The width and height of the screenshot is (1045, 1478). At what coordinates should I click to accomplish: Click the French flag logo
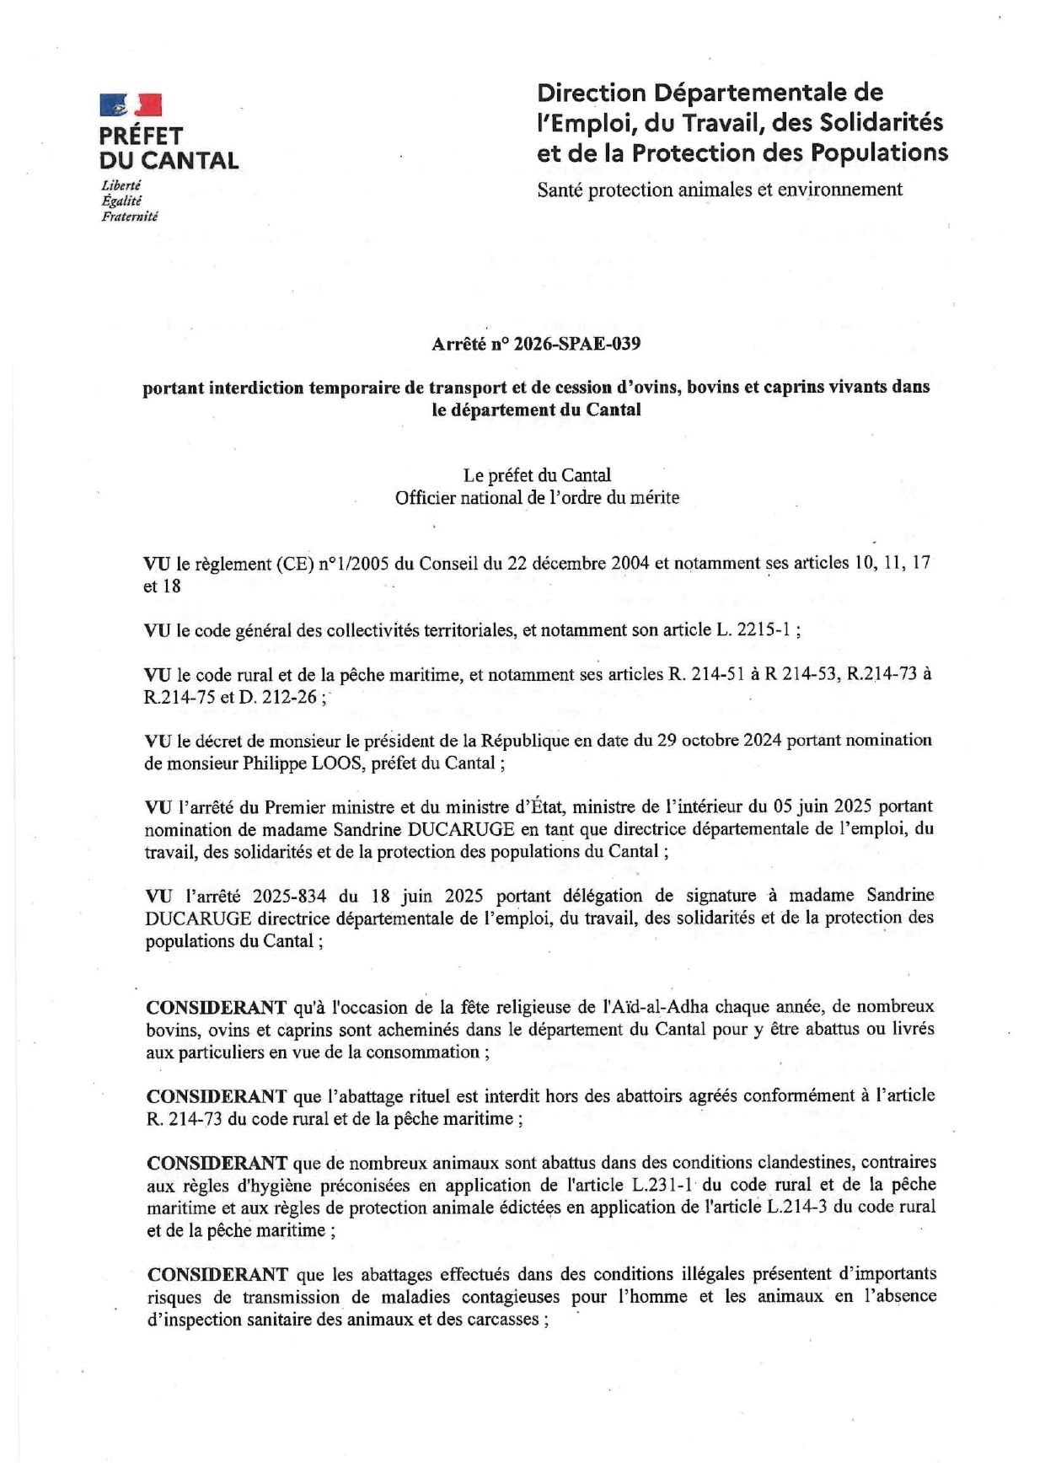coord(130,104)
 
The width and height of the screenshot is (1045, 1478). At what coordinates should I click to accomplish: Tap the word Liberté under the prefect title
coord(121,185)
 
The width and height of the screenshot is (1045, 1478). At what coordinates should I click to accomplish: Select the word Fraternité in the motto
coord(129,217)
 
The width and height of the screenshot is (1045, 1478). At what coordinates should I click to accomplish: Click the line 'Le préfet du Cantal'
coord(537,475)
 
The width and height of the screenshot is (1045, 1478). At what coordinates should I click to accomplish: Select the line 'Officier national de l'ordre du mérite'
coord(537,498)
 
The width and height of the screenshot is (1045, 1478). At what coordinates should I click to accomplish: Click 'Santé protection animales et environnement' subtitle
coord(720,190)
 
